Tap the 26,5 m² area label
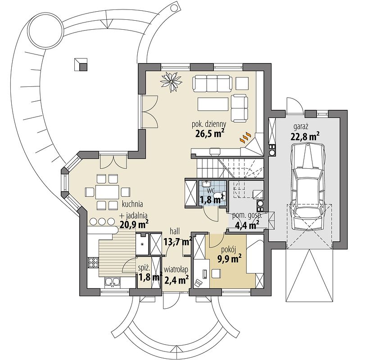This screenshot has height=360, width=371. tap(210, 134)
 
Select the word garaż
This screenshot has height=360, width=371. tap(300, 127)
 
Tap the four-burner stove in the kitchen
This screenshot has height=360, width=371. tap(93, 262)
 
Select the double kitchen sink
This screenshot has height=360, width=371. tap(113, 282)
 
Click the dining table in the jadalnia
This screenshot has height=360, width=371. tap(107, 192)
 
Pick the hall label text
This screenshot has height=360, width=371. tap(175, 231)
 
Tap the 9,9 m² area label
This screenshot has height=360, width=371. tap(229, 260)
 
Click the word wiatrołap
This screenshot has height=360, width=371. tap(176, 270)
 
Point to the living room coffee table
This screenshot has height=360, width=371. tap(213, 104)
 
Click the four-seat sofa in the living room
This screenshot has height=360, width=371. tap(212, 83)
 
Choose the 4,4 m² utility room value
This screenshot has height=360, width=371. tap(247, 225)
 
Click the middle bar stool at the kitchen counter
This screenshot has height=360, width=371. tap(102, 221)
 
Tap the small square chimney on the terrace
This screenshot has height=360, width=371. tap(81, 64)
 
